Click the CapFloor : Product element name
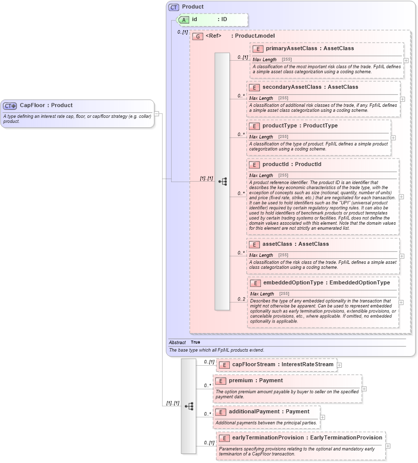point(46,105)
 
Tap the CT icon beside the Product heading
point(174,7)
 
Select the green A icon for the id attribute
point(184,20)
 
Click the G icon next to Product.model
point(198,36)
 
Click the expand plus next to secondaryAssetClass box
point(402,99)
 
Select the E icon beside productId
point(254,165)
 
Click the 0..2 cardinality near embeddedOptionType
point(241,299)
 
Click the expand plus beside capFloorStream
point(339,365)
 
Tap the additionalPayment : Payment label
point(269,412)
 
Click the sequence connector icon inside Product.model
point(222,182)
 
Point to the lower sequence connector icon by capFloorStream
point(189,406)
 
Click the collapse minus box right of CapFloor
point(157,114)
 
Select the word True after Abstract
point(195,342)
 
